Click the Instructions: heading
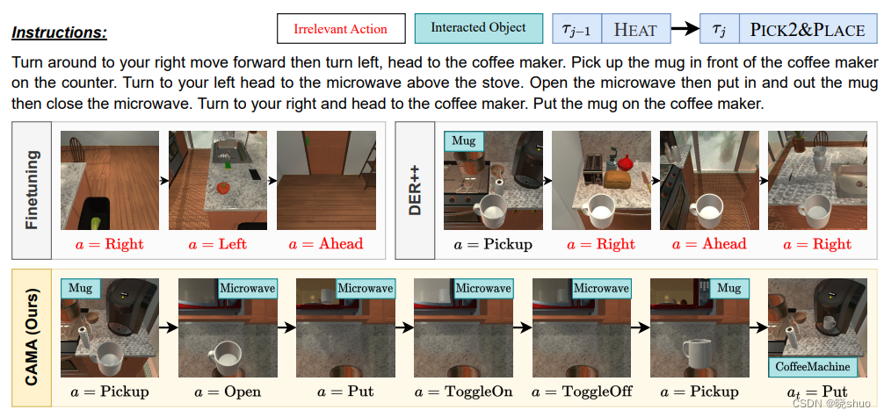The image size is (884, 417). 59,33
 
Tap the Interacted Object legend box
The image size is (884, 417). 478,28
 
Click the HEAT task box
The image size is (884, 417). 634,29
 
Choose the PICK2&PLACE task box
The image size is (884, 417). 807,29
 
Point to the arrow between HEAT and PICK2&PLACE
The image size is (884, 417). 685,29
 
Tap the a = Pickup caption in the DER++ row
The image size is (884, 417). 493,245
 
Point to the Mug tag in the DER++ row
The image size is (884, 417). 463,141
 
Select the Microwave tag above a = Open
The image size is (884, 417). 246,288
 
